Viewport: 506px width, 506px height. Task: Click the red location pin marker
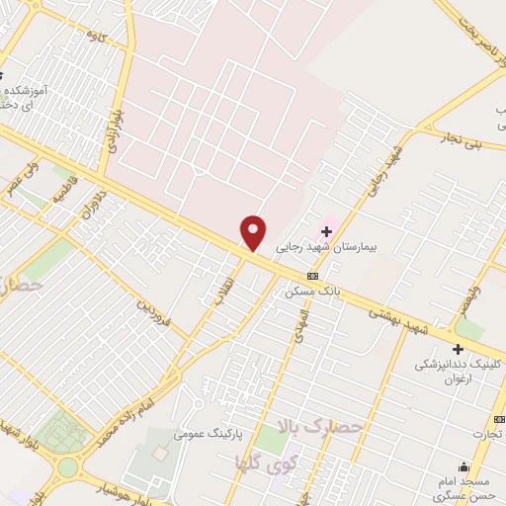pyautogui.click(x=254, y=233)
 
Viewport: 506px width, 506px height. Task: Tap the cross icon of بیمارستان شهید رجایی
pyautogui.click(x=327, y=230)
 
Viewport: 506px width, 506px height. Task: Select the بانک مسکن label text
pyautogui.click(x=312, y=293)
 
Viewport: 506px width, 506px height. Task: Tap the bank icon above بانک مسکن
pyautogui.click(x=313, y=276)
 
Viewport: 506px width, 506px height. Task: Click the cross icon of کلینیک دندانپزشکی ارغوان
pyautogui.click(x=458, y=349)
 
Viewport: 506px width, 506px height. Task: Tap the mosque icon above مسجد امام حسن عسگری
pyautogui.click(x=464, y=467)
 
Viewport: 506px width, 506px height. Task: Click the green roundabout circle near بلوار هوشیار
pyautogui.click(x=67, y=466)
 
